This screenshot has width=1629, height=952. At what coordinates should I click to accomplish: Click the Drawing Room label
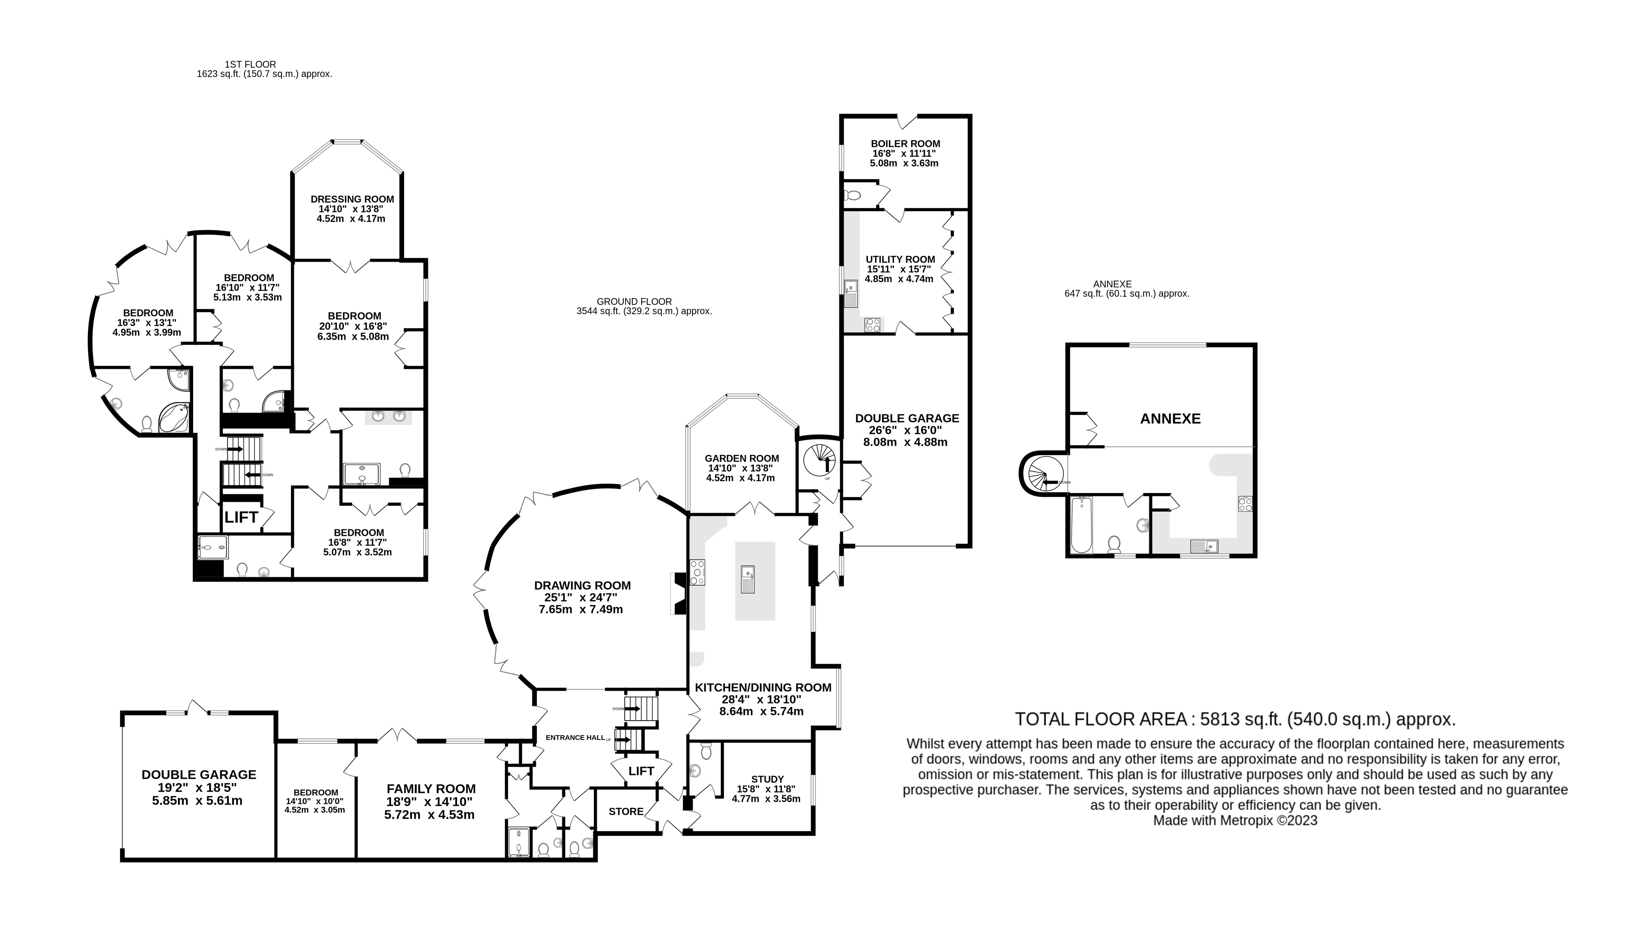[x=582, y=586]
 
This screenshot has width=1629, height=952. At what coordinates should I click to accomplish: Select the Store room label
[x=626, y=811]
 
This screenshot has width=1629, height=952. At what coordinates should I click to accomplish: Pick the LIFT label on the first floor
[x=241, y=517]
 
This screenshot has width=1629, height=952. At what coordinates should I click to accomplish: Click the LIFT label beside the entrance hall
[x=641, y=771]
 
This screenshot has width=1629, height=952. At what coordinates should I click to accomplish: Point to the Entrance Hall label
[x=575, y=737]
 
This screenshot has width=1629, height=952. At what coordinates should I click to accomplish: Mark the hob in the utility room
[x=873, y=325]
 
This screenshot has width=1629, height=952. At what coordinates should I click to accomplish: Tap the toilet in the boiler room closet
[x=852, y=194]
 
